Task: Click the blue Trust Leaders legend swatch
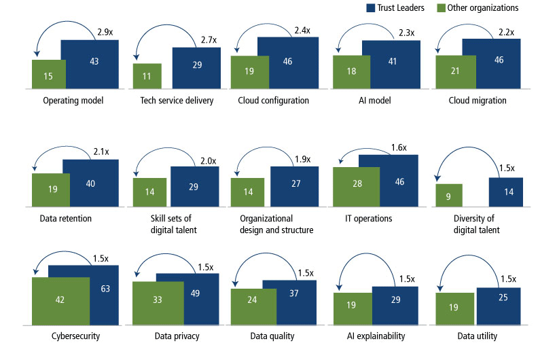[x=371, y=7]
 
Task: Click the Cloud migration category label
[x=478, y=101]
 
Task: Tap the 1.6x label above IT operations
[x=400, y=147]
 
